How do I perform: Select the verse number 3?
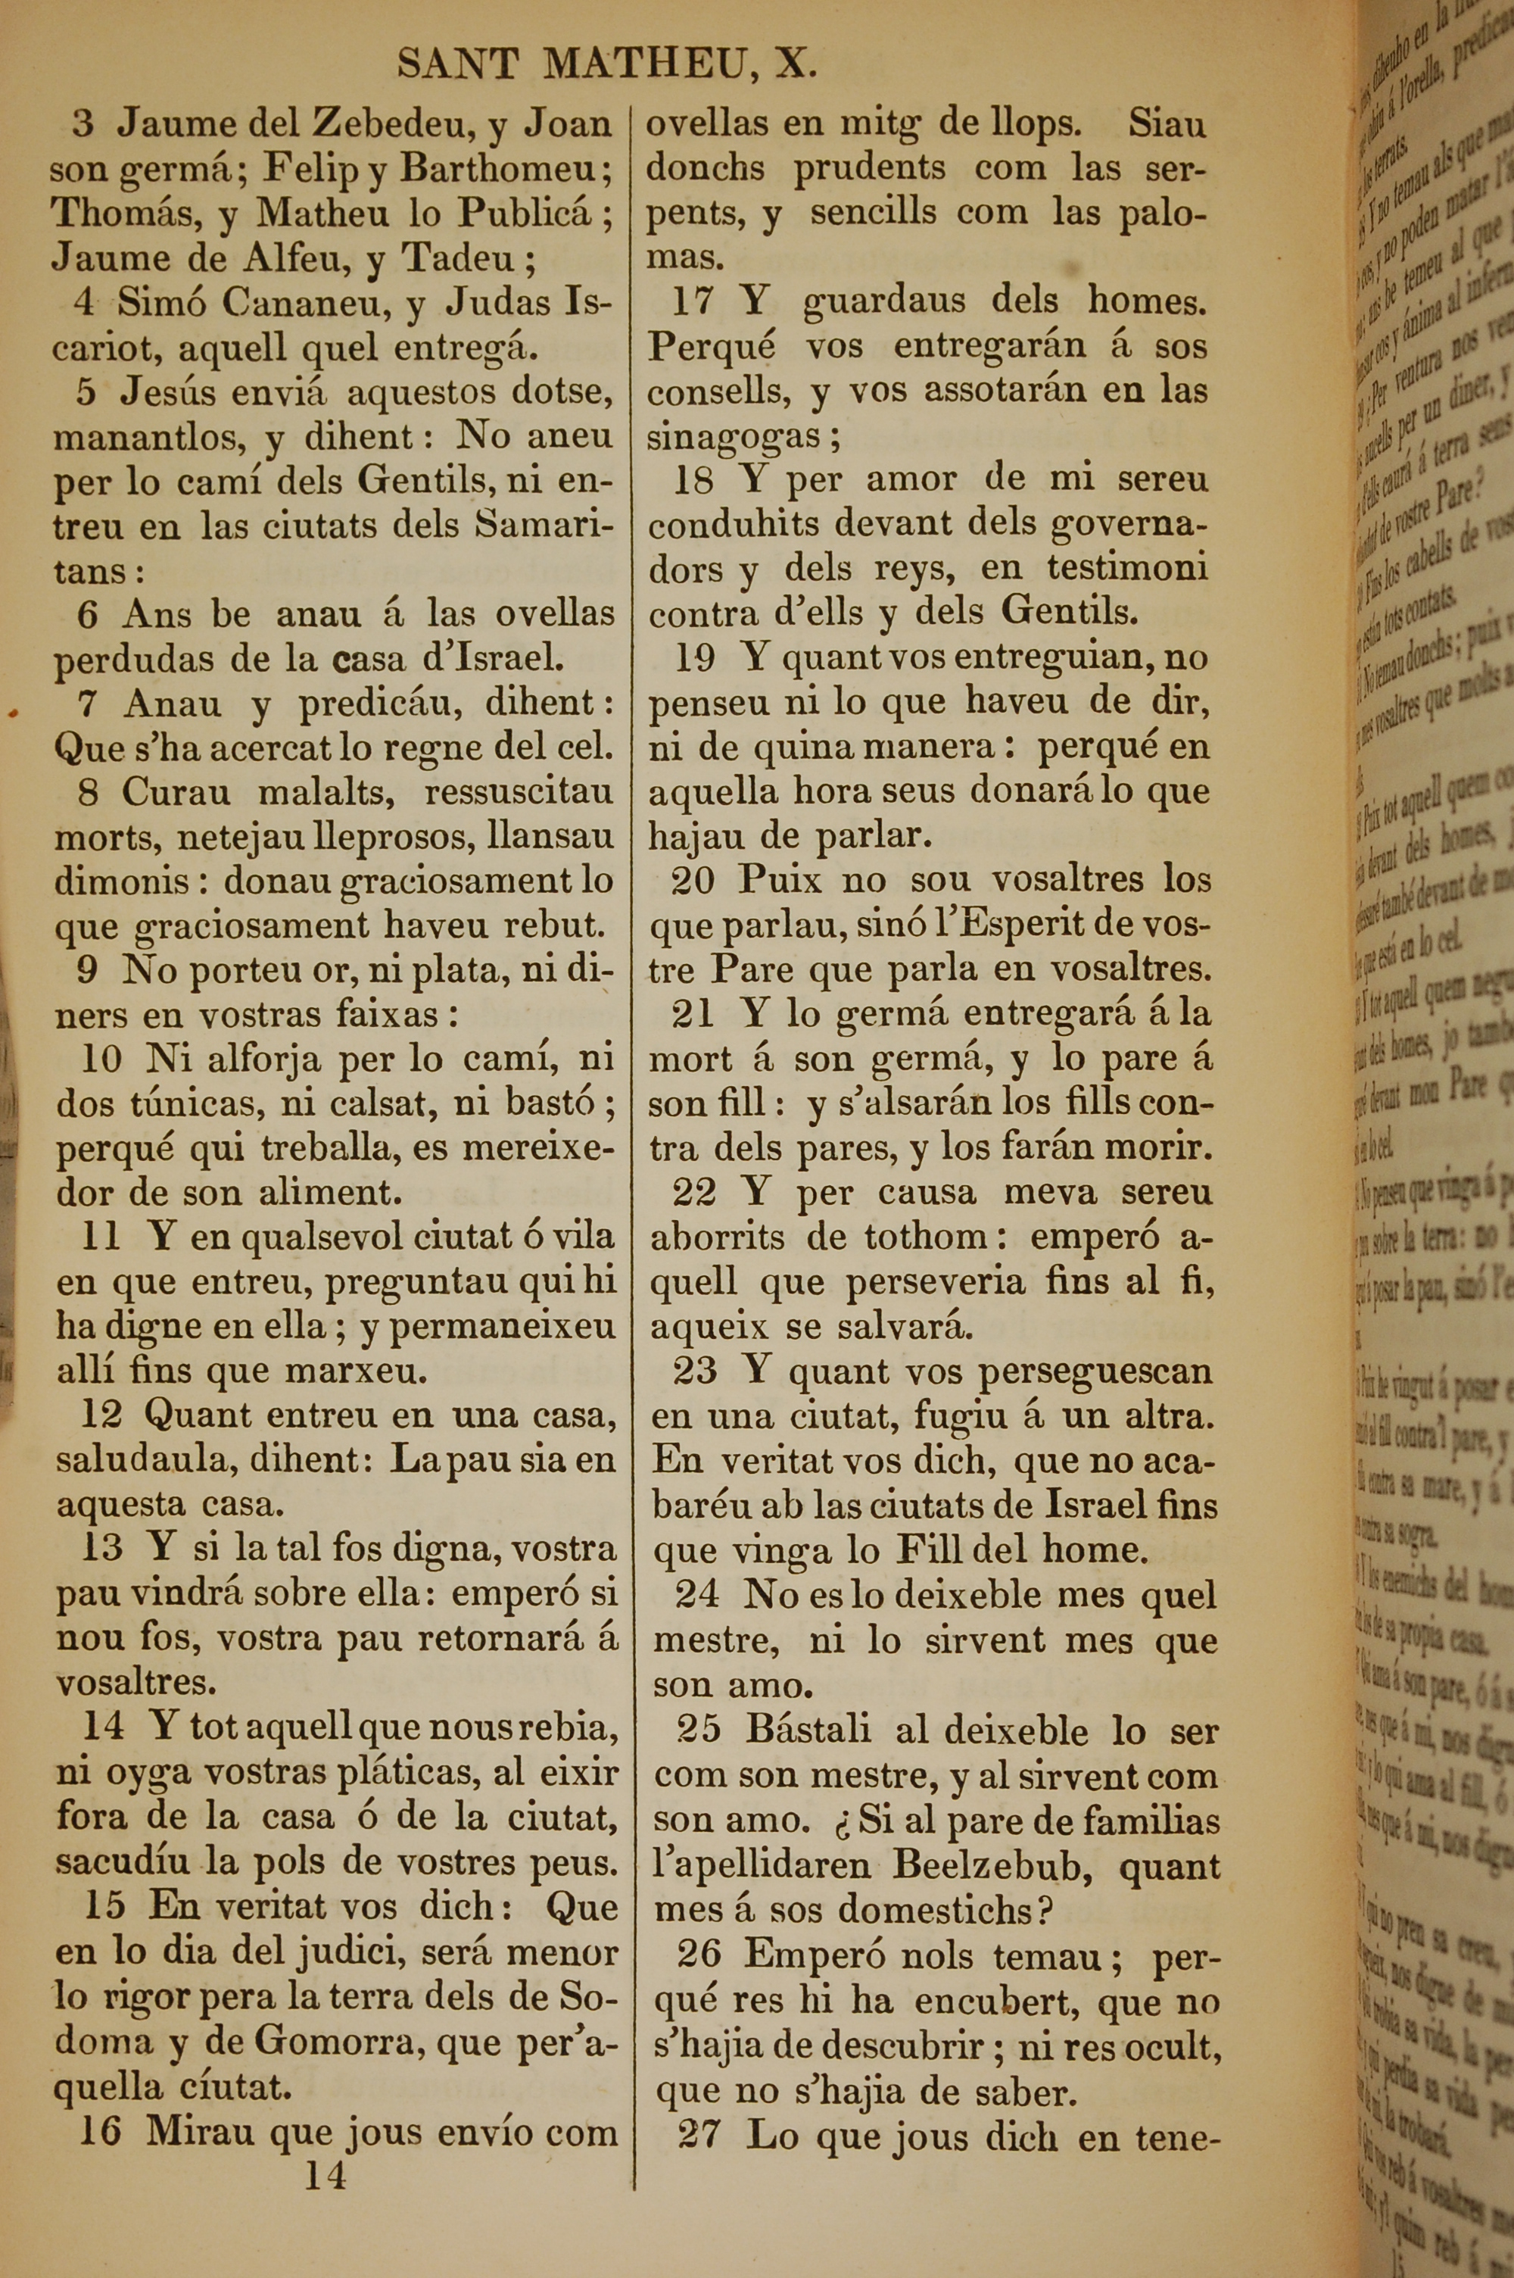[84, 123]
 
